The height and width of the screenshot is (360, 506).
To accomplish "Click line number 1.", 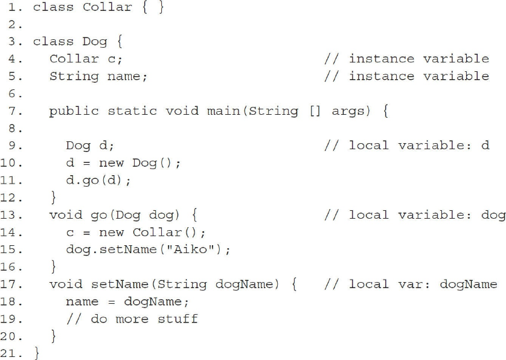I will coord(17,7).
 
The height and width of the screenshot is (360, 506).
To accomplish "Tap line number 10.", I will coord(16,163).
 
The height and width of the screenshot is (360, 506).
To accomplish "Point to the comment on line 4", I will coord(406,59).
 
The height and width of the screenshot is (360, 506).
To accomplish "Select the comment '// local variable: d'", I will coord(406,146).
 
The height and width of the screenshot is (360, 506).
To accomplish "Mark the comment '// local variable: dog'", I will coord(414,215).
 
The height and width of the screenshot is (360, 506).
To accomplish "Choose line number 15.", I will coord(16,249).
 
